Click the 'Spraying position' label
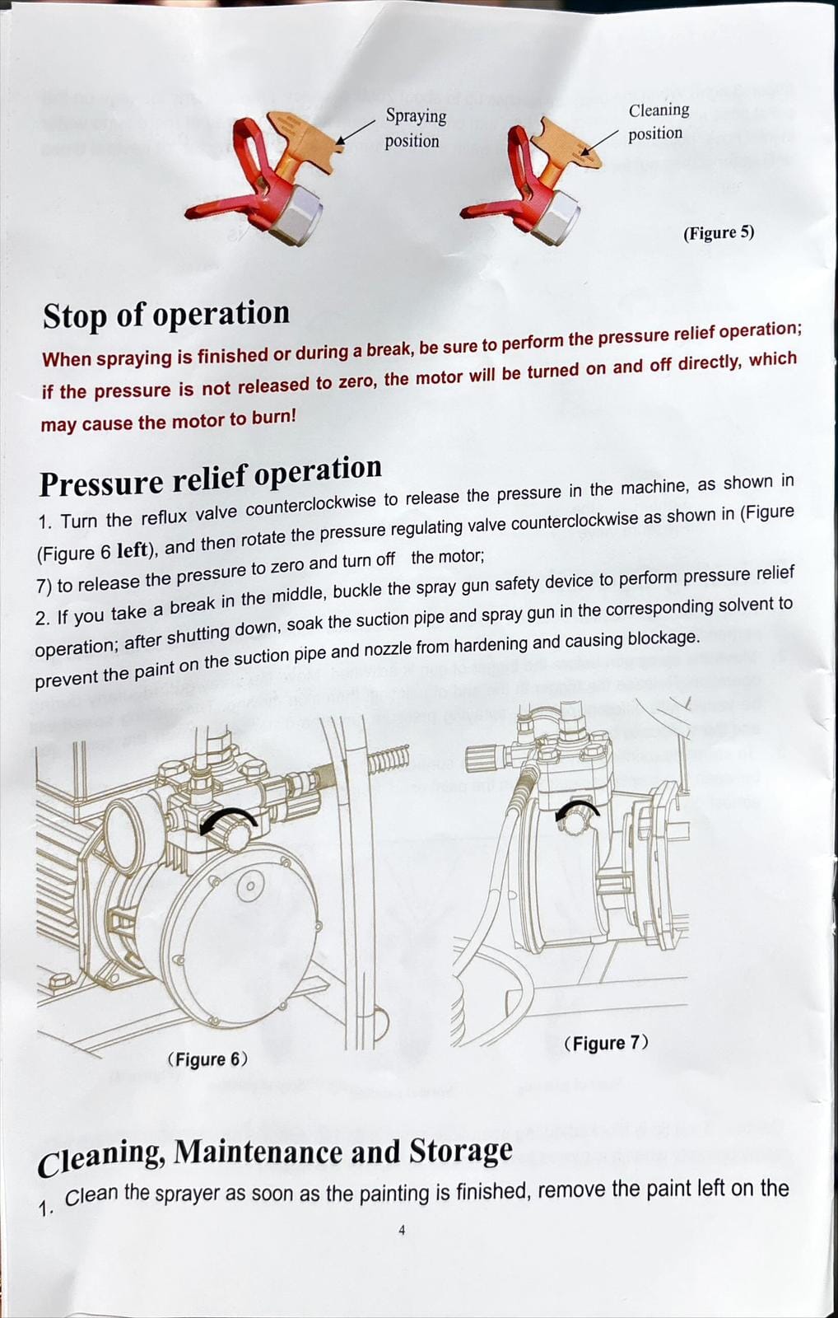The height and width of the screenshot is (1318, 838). pos(415,129)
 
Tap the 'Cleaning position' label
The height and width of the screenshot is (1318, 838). pos(658,122)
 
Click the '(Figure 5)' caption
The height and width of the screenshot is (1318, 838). pos(718,233)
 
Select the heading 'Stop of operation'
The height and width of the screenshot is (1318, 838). pos(165,314)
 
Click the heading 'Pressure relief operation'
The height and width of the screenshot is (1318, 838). pos(211,475)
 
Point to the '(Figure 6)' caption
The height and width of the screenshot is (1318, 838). pos(207,1059)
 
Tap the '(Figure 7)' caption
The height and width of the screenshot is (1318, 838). pos(606,1043)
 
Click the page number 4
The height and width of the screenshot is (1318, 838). pos(402,1230)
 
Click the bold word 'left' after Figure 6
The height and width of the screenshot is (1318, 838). pos(132,551)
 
